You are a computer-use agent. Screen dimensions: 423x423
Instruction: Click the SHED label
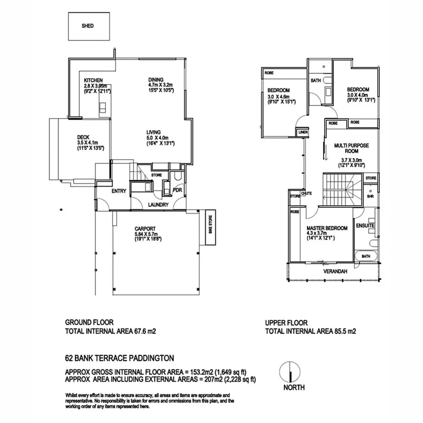pos(88,26)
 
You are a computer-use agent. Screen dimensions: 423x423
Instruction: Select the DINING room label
pos(155,79)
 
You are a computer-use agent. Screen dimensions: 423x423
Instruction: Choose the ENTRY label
pos(118,191)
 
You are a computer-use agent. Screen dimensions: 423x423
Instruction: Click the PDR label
pos(177,191)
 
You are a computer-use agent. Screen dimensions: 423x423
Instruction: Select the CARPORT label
pos(146,228)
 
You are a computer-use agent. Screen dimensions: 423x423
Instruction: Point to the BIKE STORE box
pos(210,228)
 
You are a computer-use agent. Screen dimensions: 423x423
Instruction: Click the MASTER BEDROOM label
pos(327,228)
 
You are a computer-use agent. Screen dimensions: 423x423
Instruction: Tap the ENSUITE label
pos(365,226)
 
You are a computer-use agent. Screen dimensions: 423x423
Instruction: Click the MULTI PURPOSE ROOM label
pos(351,148)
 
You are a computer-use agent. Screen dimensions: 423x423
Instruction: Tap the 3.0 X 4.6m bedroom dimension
pos(278,97)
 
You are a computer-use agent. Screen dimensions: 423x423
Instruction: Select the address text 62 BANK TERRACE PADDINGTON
pos(119,358)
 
